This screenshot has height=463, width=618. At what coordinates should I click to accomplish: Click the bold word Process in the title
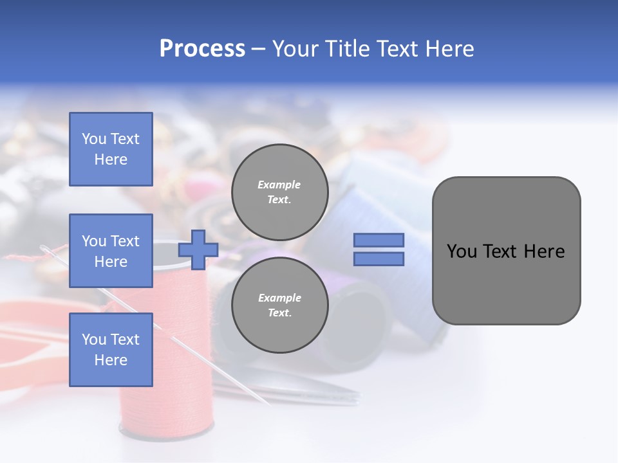click(x=202, y=49)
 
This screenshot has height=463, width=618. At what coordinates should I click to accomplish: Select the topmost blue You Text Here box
click(x=111, y=149)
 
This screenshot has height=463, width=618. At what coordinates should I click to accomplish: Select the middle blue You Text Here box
click(x=111, y=251)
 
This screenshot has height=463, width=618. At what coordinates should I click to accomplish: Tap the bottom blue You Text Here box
click(x=111, y=349)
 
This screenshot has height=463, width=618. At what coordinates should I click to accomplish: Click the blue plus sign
click(x=198, y=250)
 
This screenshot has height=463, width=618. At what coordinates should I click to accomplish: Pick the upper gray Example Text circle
click(x=279, y=192)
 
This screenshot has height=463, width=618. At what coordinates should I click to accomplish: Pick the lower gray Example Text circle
click(x=279, y=305)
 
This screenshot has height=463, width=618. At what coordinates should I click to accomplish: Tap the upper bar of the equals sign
click(x=379, y=240)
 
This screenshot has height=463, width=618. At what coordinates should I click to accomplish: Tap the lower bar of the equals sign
click(x=379, y=259)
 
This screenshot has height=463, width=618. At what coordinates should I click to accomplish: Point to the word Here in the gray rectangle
click(x=545, y=251)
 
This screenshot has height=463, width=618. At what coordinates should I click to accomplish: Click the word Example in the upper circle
click(x=279, y=185)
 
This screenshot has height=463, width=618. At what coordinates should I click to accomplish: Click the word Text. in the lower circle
click(x=279, y=313)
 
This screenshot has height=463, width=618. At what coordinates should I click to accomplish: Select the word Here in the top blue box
click(x=111, y=159)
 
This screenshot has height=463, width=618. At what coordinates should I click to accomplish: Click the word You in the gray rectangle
click(x=462, y=251)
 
